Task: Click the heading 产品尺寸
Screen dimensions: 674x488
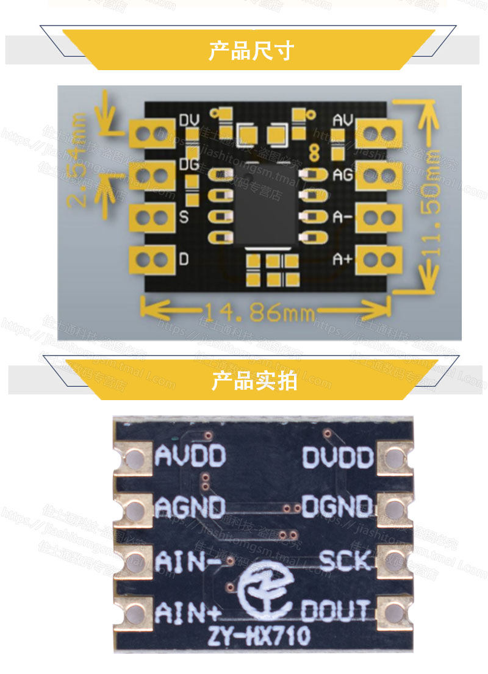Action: coord(251,50)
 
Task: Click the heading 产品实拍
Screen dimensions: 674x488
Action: coord(254,381)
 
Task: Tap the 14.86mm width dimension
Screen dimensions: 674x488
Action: coord(259,314)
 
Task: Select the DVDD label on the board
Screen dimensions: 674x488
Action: coord(337,457)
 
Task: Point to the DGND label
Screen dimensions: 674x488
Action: coord(337,506)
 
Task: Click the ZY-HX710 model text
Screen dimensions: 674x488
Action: coord(259,637)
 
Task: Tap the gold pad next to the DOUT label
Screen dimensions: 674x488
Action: coord(395,611)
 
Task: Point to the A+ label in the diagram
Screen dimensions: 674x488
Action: coord(342,259)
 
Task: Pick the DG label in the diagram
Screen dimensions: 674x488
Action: coord(189,163)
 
